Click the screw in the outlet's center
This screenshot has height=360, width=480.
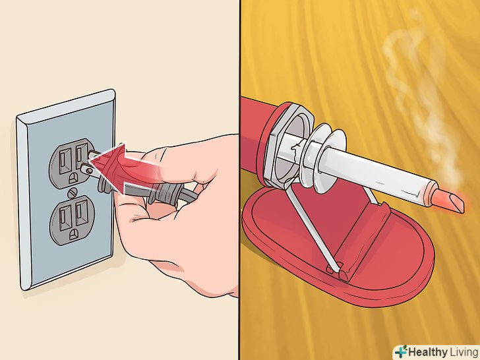(x=73, y=193)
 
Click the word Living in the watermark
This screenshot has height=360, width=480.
(x=464, y=351)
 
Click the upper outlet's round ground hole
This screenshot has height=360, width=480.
(x=73, y=178)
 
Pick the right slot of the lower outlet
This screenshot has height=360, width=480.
(x=81, y=211)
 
